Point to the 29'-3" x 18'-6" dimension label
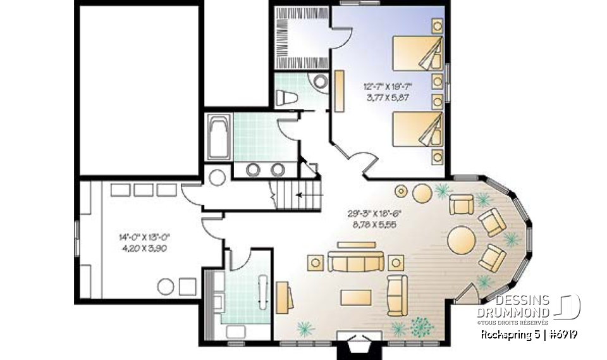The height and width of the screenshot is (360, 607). pyautogui.click(x=372, y=219)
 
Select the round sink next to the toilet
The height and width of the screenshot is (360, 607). pyautogui.click(x=321, y=81)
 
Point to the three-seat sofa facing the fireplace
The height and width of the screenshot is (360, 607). pyautogui.click(x=355, y=261)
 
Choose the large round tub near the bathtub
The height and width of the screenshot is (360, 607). pyautogui.click(x=218, y=177)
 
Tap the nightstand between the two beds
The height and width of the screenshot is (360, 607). pyautogui.click(x=436, y=90)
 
